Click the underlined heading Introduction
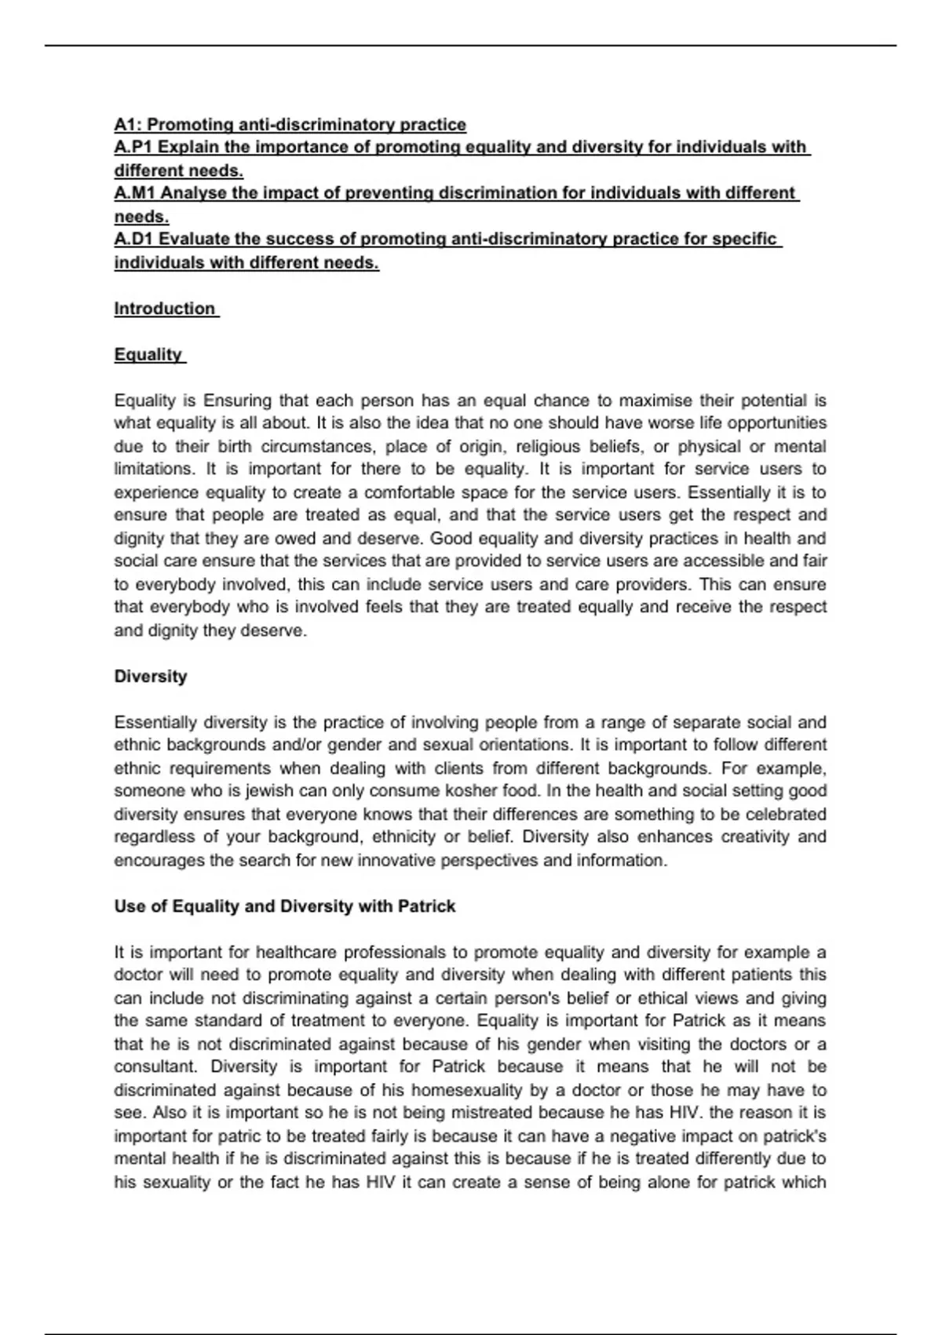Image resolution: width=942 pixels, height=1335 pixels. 165,309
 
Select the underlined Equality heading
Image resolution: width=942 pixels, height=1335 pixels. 148,355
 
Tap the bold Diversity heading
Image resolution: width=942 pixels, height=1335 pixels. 151,677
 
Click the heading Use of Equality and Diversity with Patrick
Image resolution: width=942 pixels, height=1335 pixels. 285,906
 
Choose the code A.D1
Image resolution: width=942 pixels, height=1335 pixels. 134,239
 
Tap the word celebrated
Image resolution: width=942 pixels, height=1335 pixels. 786,814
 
